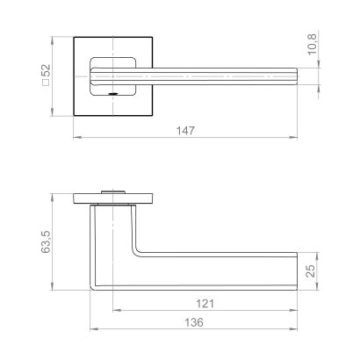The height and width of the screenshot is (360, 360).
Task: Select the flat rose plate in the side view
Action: pyautogui.click(x=114, y=197)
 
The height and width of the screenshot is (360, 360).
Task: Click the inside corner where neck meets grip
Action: pyautogui.click(x=135, y=256)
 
